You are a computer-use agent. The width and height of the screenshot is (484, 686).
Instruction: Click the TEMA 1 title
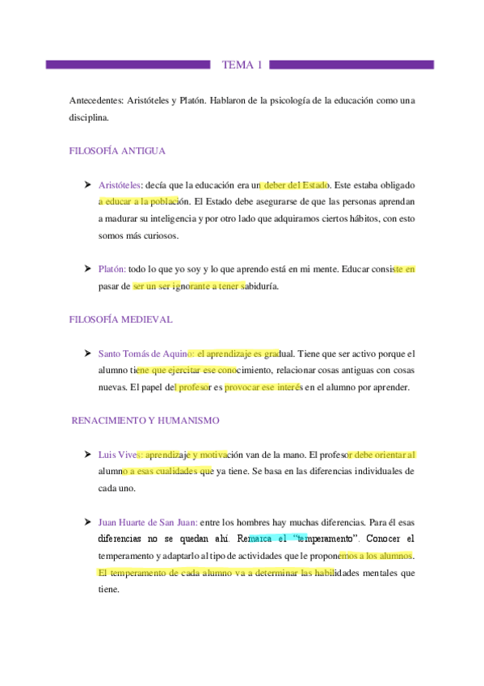[242, 65]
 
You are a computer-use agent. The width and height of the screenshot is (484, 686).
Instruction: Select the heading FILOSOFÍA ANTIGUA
[118, 150]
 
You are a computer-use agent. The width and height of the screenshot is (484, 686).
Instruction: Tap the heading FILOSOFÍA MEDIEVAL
[121, 320]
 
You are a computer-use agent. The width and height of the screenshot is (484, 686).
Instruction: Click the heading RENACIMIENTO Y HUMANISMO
[145, 421]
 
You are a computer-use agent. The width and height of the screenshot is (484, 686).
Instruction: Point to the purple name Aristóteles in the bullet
[120, 185]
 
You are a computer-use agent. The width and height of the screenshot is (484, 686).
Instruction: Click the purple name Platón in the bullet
[112, 269]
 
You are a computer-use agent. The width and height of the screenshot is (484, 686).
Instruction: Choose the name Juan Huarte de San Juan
[146, 522]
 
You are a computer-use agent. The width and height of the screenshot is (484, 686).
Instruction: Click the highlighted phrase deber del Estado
[295, 185]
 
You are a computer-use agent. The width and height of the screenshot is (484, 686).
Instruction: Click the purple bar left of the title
[129, 65]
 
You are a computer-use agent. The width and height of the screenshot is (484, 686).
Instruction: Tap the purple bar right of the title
[352, 65]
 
